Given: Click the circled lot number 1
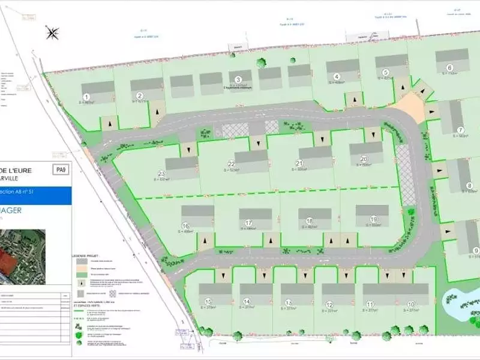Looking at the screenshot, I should [86, 97].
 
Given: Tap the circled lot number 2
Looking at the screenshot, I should [140, 95].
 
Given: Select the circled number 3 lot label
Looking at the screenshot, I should [238, 80].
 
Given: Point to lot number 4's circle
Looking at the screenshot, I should [337, 76].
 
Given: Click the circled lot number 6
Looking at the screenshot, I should [449, 68].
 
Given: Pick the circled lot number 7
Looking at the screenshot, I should [461, 130].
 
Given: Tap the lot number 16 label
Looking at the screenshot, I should [185, 226].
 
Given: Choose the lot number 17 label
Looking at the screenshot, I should [248, 223].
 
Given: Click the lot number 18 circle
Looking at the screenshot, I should [310, 221].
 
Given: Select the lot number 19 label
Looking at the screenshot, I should [373, 219].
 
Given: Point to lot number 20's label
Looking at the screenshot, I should [364, 159].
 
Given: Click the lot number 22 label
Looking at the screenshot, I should [231, 164].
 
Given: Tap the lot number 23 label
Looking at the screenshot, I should [161, 173].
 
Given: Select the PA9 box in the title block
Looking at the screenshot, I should [61, 170].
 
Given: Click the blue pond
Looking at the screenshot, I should [458, 304].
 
